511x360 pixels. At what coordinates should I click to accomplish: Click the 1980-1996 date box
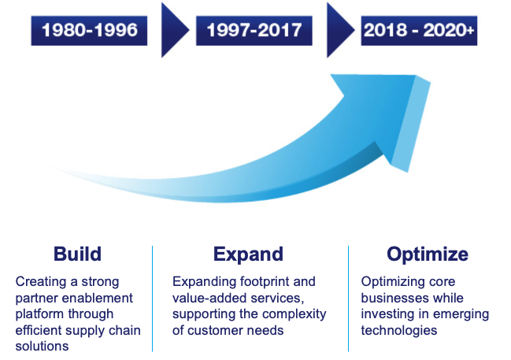(89, 30)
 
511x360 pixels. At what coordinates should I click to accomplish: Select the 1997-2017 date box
(254, 30)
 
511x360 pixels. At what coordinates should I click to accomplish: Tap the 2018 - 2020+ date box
(419, 30)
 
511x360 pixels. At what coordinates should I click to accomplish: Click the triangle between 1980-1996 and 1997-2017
(175, 30)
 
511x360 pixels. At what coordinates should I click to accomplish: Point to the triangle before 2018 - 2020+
(341, 30)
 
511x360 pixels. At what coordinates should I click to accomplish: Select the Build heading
(78, 254)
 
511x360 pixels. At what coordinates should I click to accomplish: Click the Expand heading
(248, 254)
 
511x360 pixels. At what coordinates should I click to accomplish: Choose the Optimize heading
(428, 254)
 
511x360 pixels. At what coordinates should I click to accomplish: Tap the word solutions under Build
(42, 347)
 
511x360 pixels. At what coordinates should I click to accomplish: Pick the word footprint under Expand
(265, 282)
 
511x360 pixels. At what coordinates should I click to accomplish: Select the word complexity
(294, 314)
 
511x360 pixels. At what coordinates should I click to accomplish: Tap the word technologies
(399, 331)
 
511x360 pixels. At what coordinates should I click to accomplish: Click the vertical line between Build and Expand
(152, 299)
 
